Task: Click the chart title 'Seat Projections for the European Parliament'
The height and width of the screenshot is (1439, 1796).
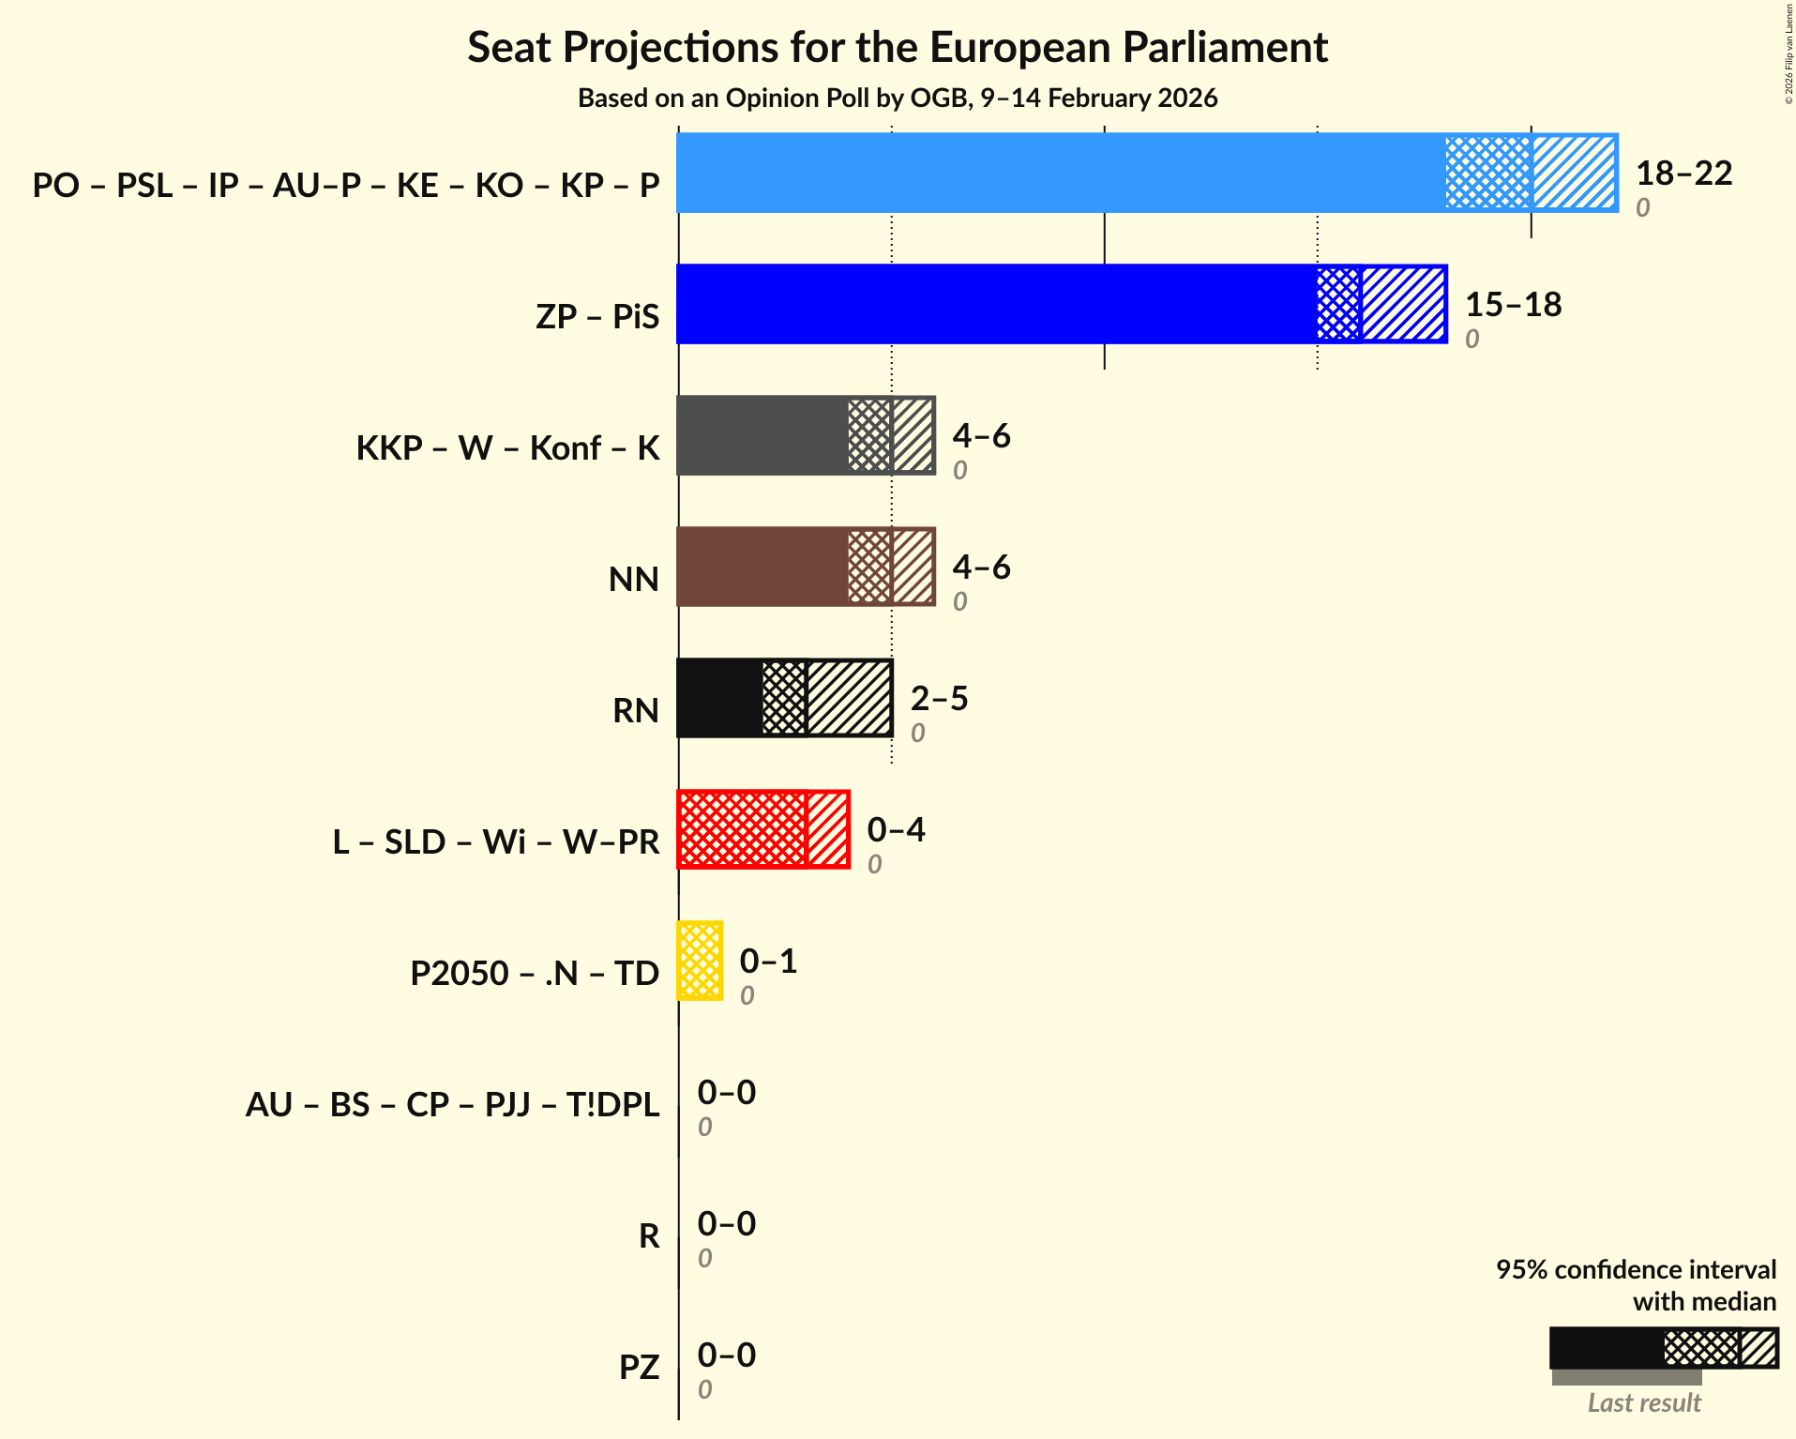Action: click(x=898, y=47)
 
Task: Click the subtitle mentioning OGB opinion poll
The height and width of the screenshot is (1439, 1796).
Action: click(x=898, y=98)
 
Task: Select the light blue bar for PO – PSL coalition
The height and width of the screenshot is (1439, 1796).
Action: click(x=1060, y=173)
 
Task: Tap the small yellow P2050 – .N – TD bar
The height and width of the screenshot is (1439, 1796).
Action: click(x=700, y=961)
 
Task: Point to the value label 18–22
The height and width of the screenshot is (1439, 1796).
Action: click(x=1683, y=173)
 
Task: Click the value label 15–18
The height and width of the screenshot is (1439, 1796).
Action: click(x=1513, y=304)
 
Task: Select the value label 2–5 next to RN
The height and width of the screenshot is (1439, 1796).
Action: click(x=939, y=698)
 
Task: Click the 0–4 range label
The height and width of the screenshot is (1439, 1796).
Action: click(x=896, y=829)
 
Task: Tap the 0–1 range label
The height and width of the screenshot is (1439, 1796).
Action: click(x=768, y=961)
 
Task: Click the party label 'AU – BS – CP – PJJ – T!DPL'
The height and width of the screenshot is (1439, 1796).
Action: click(x=452, y=1104)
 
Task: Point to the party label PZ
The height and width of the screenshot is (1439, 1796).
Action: click(x=639, y=1367)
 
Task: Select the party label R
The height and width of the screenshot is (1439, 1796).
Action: click(x=649, y=1235)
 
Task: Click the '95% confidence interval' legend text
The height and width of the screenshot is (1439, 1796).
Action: click(x=1635, y=1269)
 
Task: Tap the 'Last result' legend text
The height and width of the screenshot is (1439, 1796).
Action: click(x=1643, y=1402)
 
